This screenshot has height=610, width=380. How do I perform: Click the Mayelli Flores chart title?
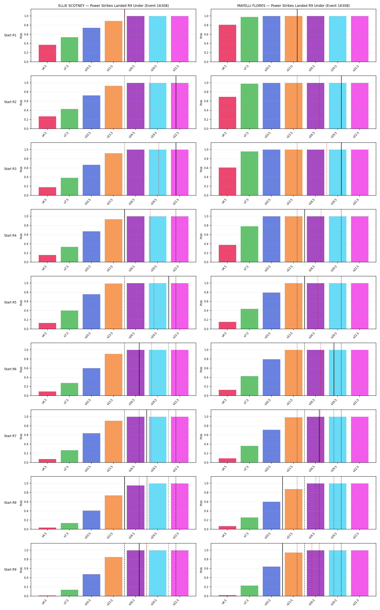(293, 6)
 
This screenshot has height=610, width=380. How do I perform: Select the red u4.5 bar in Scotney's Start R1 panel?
(47, 53)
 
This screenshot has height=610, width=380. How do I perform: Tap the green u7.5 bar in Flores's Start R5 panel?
(249, 319)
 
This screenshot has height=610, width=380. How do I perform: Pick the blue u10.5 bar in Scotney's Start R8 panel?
(92, 520)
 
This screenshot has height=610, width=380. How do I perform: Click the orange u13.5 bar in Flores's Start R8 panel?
(294, 509)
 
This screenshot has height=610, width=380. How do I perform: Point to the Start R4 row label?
(10, 236)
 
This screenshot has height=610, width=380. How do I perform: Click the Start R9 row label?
(10, 569)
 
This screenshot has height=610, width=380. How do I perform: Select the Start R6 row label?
(10, 369)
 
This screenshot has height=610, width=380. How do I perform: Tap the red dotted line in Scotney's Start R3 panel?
(159, 169)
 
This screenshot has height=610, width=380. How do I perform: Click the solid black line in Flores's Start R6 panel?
(334, 369)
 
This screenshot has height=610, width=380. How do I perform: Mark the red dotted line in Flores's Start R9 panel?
(312, 570)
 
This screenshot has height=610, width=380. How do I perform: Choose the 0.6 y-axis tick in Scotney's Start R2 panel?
(26, 101)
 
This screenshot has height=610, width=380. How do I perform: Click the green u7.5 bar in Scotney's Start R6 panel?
(69, 389)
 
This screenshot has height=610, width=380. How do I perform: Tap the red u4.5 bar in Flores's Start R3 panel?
(227, 181)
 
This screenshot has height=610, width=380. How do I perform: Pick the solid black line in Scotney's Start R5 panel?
(169, 303)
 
